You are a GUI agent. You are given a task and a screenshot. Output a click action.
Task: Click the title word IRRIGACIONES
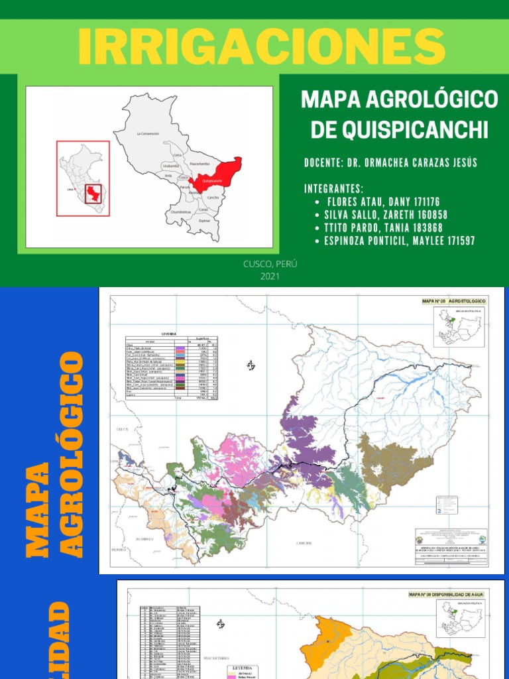click(261, 46)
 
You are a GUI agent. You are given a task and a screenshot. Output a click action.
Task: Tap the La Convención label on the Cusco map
click(148, 134)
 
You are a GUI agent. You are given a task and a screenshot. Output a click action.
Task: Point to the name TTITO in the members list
click(339, 228)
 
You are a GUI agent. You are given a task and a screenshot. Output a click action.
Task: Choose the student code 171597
click(457, 241)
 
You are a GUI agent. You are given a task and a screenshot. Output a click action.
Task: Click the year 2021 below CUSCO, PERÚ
click(270, 276)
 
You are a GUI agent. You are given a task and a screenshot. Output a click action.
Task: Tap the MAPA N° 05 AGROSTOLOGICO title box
click(454, 301)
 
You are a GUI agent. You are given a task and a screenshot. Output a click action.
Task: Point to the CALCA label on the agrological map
click(123, 429)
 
